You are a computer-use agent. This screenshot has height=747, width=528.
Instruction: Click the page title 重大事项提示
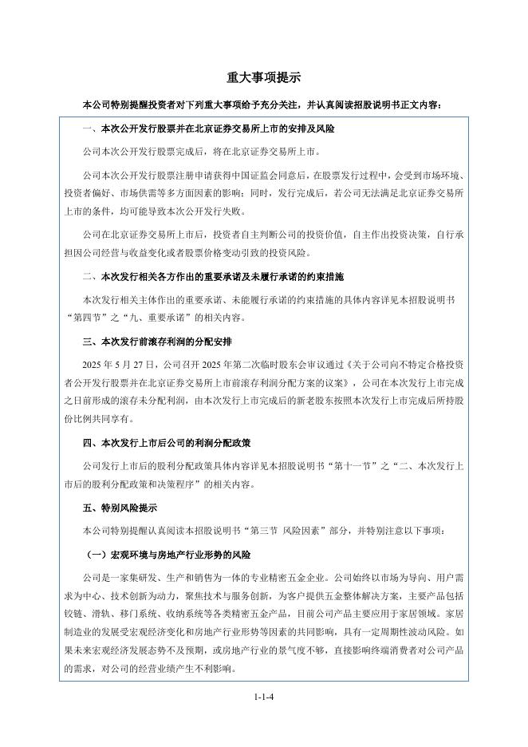(x=263, y=77)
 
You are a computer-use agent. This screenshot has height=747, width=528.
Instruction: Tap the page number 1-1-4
(x=263, y=697)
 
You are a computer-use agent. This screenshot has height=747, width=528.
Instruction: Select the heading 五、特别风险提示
(x=120, y=508)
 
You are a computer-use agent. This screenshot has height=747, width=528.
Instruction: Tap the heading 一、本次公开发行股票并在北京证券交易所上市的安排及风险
(x=208, y=128)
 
